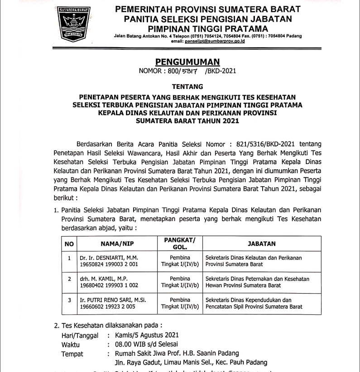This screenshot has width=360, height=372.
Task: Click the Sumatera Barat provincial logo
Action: [73, 23]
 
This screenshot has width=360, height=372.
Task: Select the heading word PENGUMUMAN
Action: [187, 62]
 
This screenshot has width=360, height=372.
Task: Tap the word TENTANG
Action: [187, 86]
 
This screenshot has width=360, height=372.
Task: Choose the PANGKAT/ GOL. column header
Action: [180, 244]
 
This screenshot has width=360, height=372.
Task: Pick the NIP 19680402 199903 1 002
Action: [109, 286]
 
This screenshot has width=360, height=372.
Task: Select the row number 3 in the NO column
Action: [69, 300]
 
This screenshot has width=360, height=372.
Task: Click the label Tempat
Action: [72, 354]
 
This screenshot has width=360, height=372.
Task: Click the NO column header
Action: [69, 244]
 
